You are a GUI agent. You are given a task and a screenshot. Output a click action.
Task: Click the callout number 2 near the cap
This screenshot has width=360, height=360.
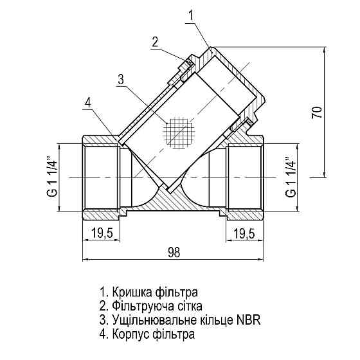[x=155, y=42]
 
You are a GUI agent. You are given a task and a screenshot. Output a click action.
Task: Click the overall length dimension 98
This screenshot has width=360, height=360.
[x=173, y=253]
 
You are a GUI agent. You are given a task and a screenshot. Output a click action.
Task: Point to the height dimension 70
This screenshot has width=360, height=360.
[x=316, y=113]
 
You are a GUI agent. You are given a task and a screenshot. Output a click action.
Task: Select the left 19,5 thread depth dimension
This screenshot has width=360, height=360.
[x=102, y=233]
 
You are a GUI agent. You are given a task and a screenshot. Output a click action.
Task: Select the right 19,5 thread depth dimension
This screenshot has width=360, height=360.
[x=243, y=233]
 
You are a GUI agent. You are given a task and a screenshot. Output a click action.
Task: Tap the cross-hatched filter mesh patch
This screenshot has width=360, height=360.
[x=178, y=132]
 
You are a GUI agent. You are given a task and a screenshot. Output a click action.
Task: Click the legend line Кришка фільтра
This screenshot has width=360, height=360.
[x=145, y=291]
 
